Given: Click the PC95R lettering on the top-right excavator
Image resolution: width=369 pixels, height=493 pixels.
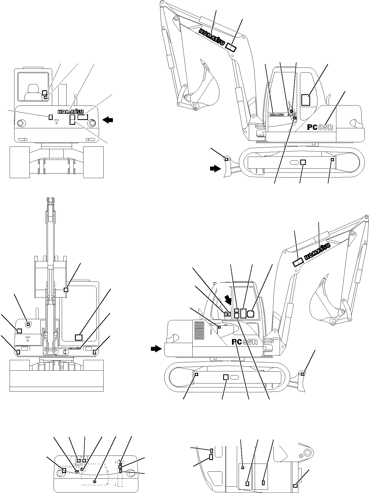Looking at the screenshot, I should click(x=320, y=127).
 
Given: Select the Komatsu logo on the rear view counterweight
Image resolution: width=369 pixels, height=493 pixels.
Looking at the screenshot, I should click(x=70, y=112).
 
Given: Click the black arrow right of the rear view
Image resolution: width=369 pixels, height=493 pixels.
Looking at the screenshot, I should click(x=108, y=120).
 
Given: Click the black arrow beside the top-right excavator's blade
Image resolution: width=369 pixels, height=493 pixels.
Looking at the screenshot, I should click(x=215, y=169).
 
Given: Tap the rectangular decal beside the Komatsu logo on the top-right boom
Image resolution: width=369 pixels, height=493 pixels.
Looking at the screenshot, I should click(x=231, y=47).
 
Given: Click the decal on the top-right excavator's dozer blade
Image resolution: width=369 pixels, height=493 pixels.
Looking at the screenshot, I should click(x=226, y=159).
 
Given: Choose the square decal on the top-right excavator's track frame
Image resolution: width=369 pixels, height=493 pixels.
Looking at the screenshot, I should click(x=303, y=162).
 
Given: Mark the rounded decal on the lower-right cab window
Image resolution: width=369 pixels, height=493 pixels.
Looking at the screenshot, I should click(x=250, y=313).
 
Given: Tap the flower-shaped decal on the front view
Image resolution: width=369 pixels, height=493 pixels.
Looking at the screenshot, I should click(x=28, y=324).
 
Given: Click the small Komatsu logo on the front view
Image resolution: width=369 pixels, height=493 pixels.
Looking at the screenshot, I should click(x=75, y=348).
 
